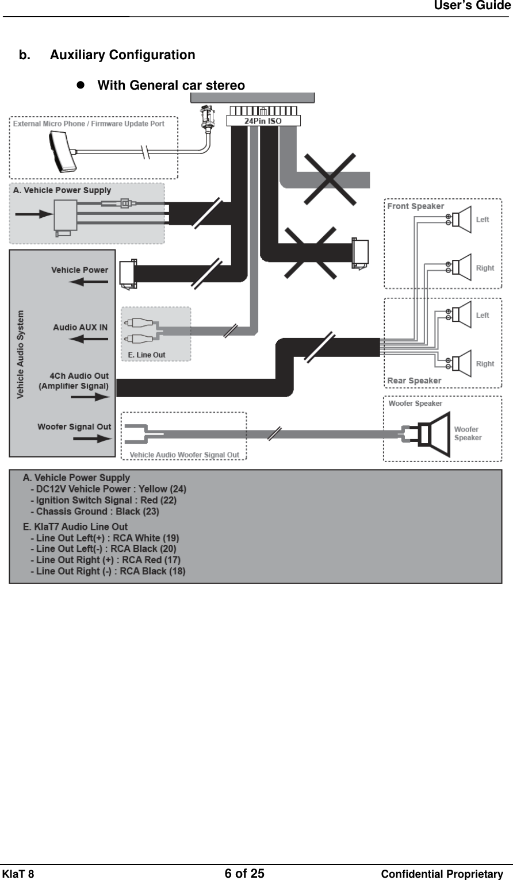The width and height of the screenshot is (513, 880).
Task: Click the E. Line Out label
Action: coord(146,355)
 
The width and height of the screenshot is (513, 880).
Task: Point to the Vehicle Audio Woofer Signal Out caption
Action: coord(184,455)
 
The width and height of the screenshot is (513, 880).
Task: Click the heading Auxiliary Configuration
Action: coord(122,55)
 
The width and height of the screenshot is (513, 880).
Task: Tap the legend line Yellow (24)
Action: coord(111,489)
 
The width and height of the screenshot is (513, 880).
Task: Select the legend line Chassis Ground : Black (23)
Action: coord(97,511)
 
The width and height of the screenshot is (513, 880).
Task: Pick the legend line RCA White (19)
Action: coord(108,538)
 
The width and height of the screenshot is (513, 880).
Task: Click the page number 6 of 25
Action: coord(244,874)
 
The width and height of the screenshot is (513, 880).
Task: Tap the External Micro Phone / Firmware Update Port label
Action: coord(89,124)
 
